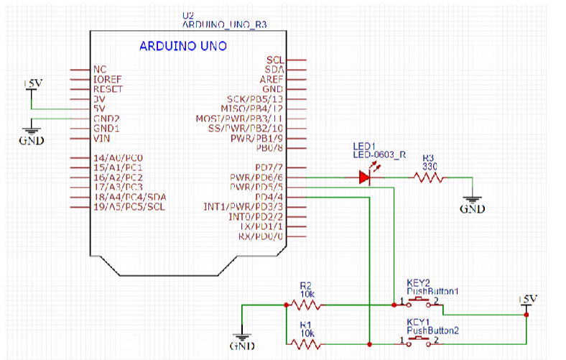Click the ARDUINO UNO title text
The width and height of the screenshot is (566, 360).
pos(182,47)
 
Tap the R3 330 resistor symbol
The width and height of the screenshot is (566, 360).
pos(429,177)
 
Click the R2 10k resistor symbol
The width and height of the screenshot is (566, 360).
pos(307,305)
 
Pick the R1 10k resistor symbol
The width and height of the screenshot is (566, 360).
pos(307,344)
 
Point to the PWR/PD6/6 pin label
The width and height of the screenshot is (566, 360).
pos(257,177)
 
